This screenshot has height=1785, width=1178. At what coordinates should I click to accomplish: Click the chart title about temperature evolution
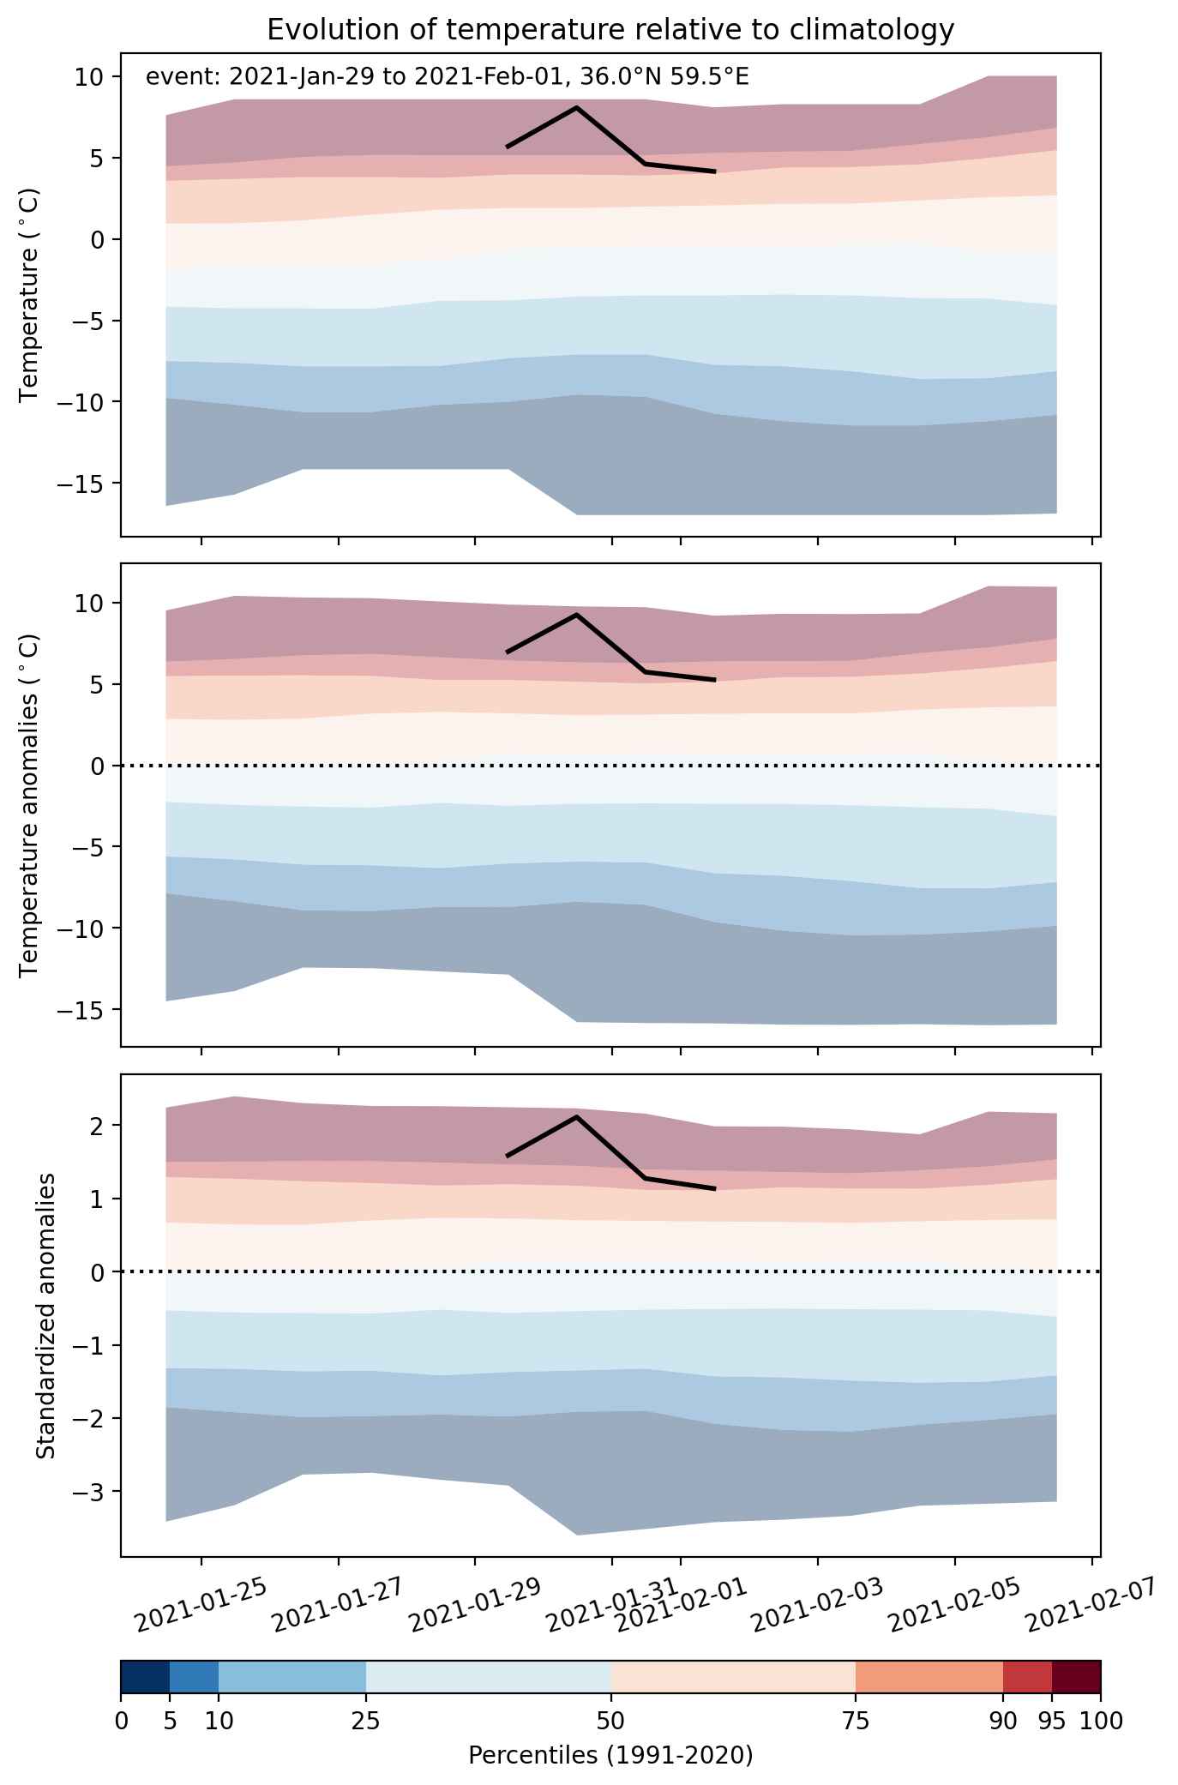[610, 30]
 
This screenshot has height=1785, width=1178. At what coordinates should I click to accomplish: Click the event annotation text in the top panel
[448, 77]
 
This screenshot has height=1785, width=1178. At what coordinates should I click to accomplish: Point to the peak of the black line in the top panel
[576, 107]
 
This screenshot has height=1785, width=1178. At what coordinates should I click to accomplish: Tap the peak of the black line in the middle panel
[576, 614]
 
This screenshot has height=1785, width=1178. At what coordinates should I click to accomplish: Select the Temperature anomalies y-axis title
[30, 804]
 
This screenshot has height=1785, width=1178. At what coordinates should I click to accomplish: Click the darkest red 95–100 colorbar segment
[1076, 1677]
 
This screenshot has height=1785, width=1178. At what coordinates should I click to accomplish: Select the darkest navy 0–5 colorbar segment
[145, 1677]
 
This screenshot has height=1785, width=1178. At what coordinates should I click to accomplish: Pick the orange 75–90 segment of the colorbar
[929, 1677]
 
